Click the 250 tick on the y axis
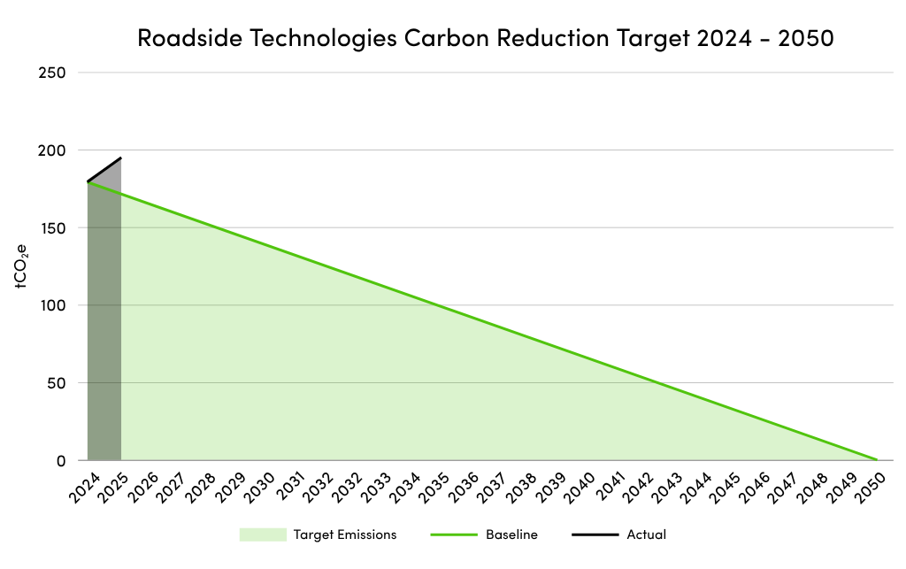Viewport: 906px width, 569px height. [x=52, y=73]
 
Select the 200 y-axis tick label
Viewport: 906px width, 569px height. [x=52, y=150]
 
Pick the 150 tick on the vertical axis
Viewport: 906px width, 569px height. [x=52, y=228]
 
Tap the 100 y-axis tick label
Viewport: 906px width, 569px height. [x=52, y=305]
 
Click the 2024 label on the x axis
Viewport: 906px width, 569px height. [x=82, y=488]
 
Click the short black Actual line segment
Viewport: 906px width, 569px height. [x=104, y=170]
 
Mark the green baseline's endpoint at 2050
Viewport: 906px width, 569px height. [x=876, y=459]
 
